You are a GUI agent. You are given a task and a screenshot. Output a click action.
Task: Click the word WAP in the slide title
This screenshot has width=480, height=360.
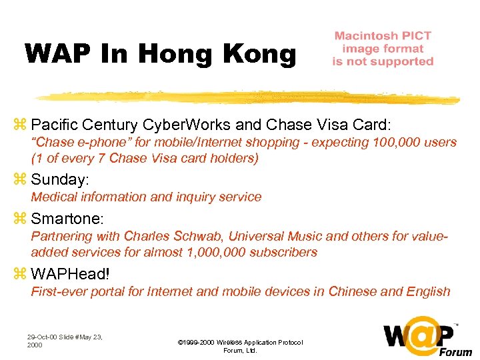click(53, 53)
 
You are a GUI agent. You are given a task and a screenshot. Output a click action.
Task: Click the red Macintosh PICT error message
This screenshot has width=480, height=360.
click(383, 49)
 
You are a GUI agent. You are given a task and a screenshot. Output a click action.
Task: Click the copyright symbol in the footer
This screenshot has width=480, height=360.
click(181, 342)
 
